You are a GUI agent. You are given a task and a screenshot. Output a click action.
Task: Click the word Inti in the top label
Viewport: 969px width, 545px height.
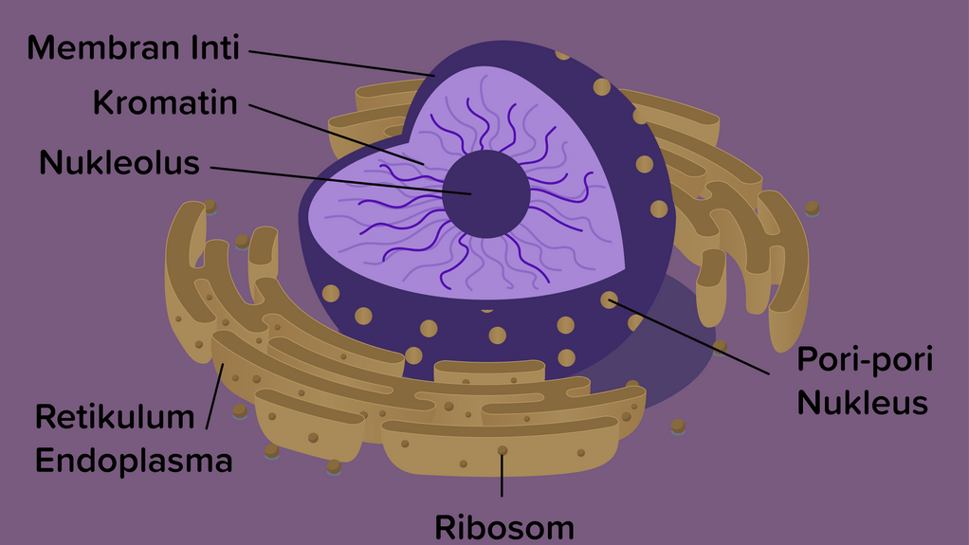click(213, 47)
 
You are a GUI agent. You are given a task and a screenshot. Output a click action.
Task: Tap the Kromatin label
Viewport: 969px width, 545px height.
click(165, 102)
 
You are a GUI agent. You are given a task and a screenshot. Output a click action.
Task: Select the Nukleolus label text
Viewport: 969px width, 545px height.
click(119, 163)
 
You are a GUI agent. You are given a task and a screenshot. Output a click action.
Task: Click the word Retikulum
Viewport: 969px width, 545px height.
click(115, 416)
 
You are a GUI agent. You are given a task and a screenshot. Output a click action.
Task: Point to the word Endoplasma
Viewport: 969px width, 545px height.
click(134, 461)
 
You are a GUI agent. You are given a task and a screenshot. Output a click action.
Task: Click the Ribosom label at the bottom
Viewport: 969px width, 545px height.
click(504, 527)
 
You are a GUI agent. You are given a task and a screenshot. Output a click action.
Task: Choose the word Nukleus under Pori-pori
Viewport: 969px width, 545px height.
click(861, 403)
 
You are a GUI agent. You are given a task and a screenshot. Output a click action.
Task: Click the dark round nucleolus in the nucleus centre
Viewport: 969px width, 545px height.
click(486, 194)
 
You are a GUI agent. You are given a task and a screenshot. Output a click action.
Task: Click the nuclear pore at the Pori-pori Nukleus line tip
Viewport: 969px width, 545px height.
click(609, 300)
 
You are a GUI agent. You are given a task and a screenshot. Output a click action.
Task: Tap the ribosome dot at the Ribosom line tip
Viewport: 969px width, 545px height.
click(503, 450)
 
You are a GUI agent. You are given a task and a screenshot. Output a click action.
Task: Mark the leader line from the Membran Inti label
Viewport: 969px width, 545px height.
click(341, 63)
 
